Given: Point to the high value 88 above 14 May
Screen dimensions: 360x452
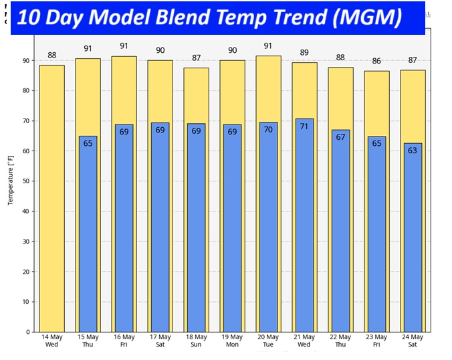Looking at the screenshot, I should click(x=51, y=56).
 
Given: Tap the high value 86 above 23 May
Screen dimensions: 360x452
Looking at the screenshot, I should click(x=376, y=61).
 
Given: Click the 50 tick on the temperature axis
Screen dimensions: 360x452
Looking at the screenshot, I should click(x=27, y=181).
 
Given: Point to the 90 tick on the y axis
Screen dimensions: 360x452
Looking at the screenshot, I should click(x=27, y=60).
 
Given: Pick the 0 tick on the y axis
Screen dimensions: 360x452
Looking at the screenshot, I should click(x=28, y=332).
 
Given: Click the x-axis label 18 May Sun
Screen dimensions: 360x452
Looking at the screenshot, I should click(x=197, y=341).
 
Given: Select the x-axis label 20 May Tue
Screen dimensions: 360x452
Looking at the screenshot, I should click(x=268, y=341).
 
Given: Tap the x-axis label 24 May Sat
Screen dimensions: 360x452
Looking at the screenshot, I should click(x=413, y=341).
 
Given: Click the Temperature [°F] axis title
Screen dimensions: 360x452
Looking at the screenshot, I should click(x=11, y=181).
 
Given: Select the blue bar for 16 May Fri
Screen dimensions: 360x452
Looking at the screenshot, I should click(x=124, y=228).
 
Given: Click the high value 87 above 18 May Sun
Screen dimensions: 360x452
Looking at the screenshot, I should click(x=196, y=58).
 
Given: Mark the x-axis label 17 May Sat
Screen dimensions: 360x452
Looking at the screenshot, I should click(x=160, y=341).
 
